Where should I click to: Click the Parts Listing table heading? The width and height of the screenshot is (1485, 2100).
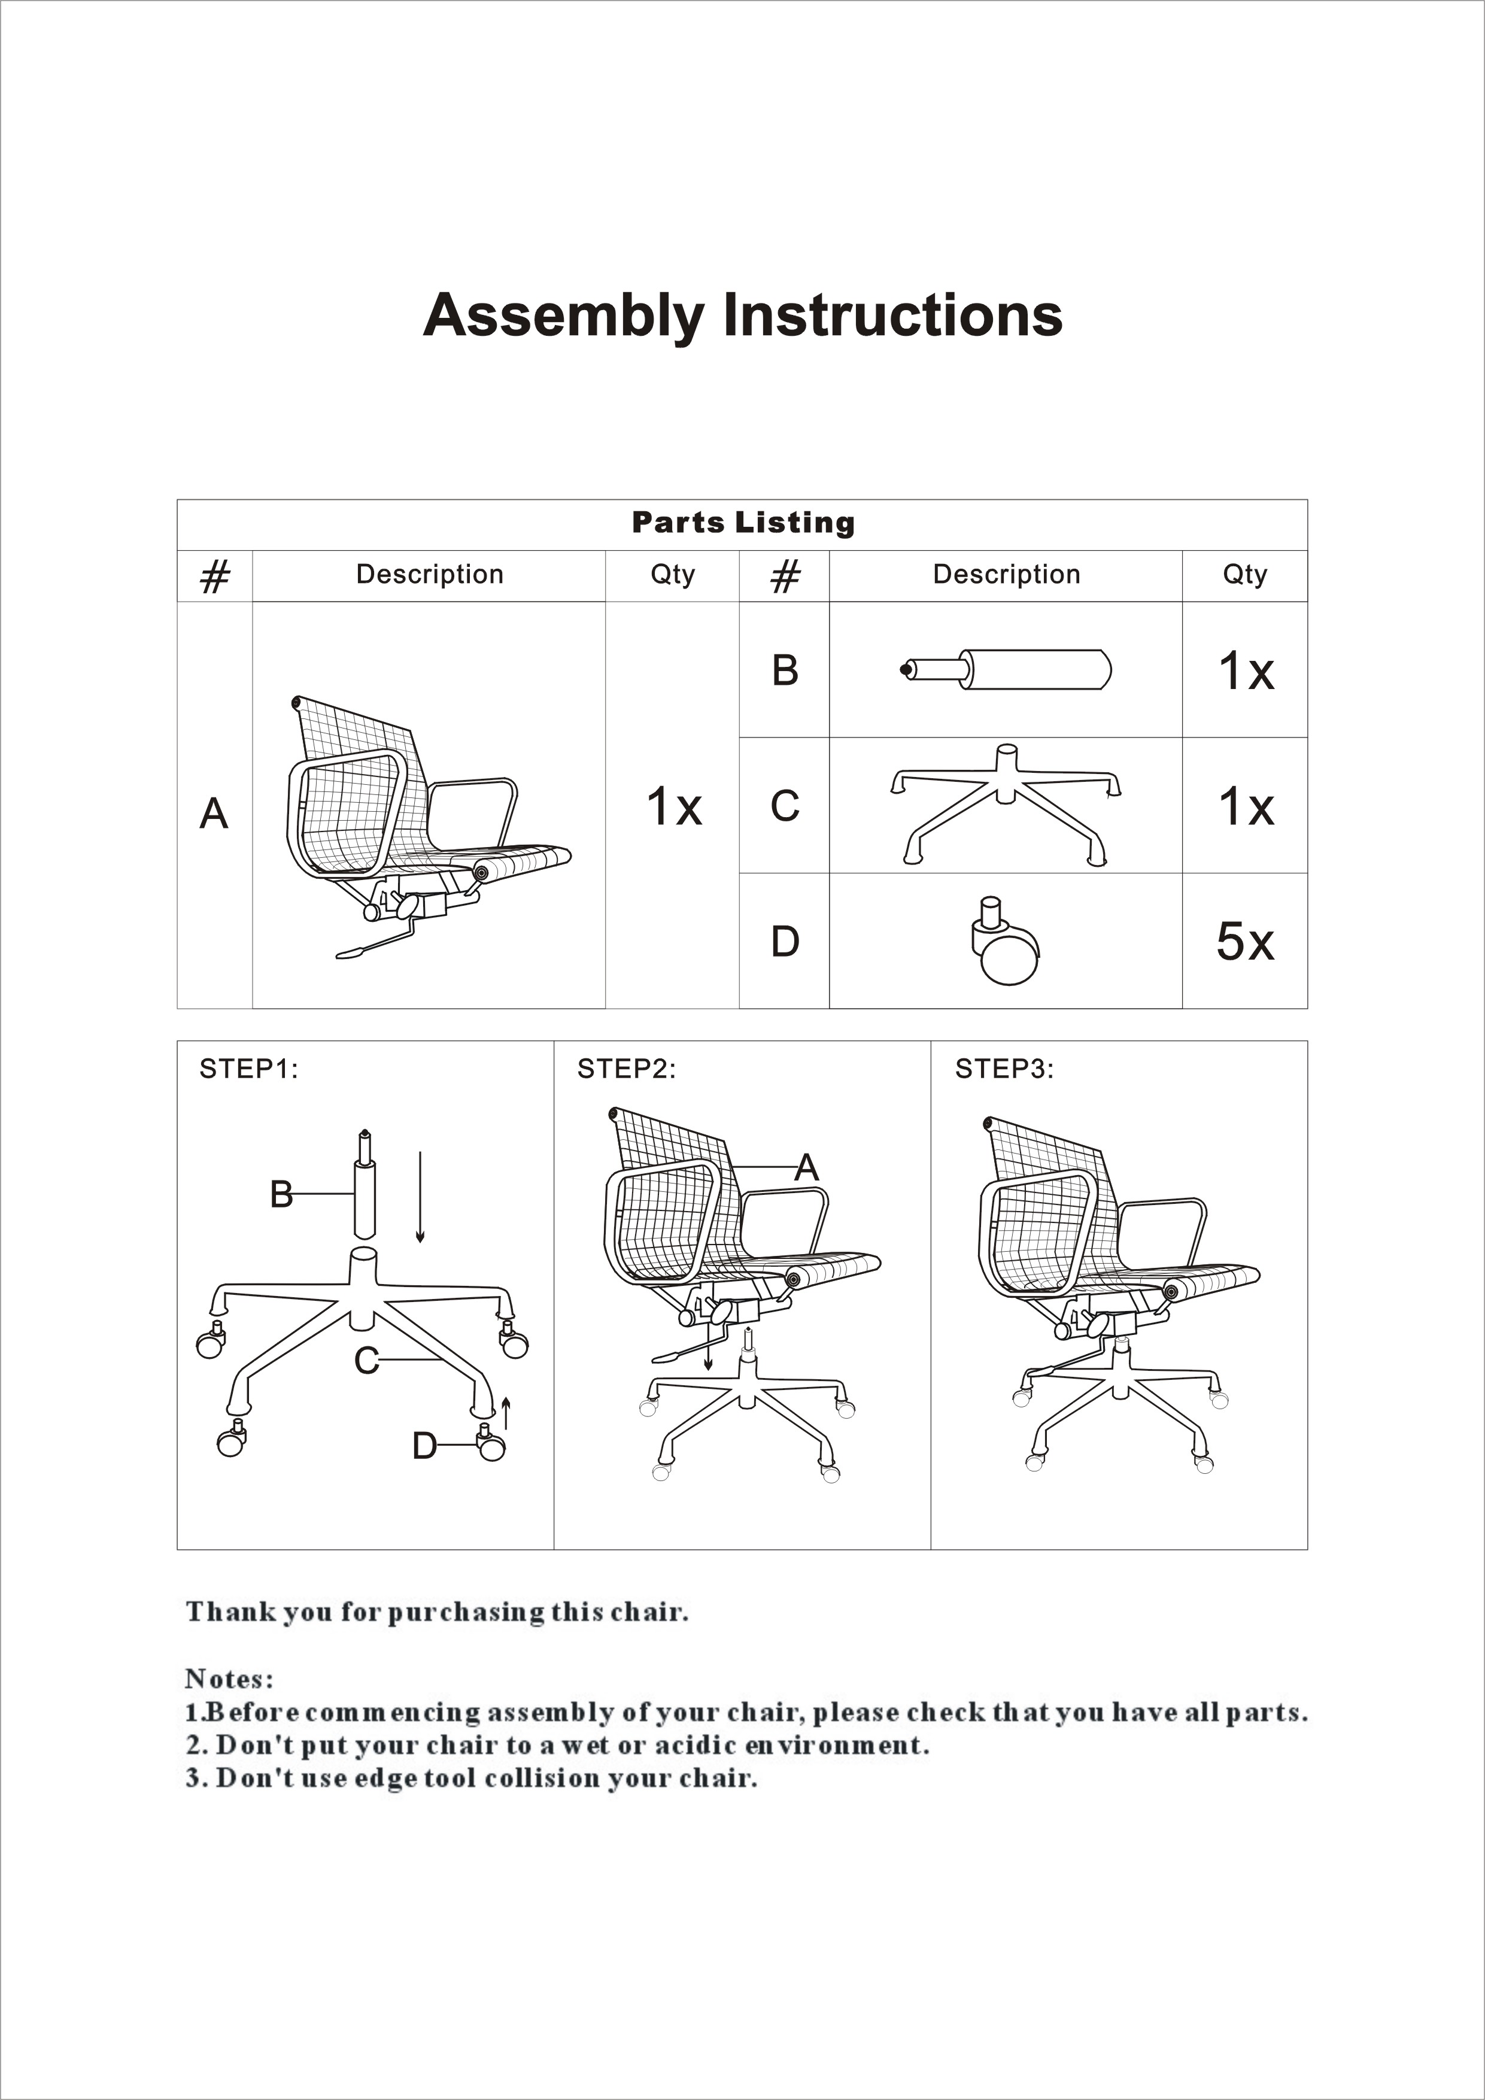tap(742, 523)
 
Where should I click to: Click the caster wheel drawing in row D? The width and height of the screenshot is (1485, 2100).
tap(1004, 942)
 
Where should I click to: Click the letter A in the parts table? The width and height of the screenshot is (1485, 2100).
tap(214, 813)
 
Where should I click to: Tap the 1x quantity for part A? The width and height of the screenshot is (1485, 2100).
tap(674, 807)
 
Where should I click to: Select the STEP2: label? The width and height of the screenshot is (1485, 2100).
tap(626, 1069)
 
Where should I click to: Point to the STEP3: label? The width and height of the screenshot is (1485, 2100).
tap(1004, 1069)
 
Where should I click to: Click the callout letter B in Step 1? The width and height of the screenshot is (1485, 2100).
tap(282, 1194)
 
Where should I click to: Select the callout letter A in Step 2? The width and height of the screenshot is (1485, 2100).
tap(806, 1168)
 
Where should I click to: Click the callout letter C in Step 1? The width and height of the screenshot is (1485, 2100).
tap(367, 1361)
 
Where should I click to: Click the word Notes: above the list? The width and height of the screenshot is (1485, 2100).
tap(229, 1679)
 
